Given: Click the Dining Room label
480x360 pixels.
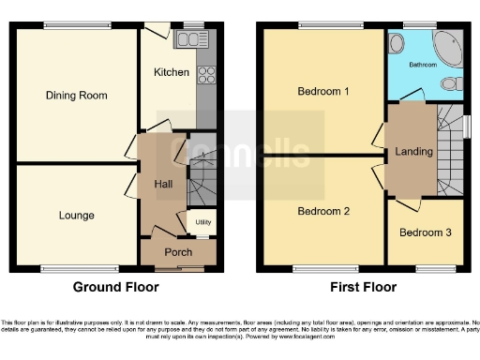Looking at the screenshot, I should [76, 96].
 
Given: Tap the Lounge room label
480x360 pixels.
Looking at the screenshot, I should [76, 215].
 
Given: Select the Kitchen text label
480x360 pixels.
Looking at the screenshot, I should [172, 72].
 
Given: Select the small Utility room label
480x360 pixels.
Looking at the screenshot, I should [202, 222].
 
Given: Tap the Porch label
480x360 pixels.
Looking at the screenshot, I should [178, 252].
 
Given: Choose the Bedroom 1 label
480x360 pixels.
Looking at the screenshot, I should [323, 92].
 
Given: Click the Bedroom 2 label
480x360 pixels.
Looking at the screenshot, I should [323, 212].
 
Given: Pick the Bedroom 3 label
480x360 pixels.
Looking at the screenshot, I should [425, 232].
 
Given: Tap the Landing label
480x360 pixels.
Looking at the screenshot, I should [414, 151].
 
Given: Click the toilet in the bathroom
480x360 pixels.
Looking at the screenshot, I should [451, 84].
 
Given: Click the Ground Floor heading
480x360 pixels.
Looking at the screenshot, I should [116, 287].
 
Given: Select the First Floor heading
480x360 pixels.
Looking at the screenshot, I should [363, 287].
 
